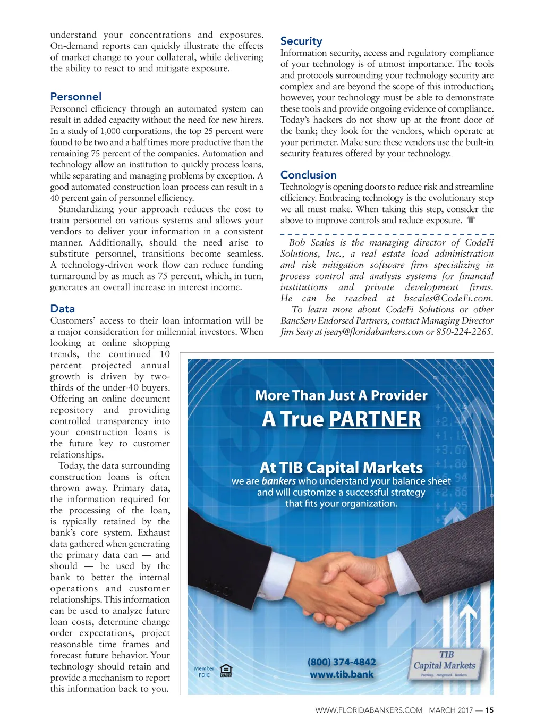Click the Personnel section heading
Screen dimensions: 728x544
click(75, 97)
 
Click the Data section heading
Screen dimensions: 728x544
click(62, 309)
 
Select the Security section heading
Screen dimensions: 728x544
click(301, 41)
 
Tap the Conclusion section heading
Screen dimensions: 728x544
click(308, 175)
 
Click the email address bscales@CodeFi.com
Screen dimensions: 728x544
click(448, 298)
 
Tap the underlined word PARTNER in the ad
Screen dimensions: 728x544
click(375, 419)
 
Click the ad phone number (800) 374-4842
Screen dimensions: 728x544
click(342, 662)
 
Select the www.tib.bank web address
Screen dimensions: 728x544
click(342, 674)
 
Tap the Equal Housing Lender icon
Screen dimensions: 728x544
click(226, 671)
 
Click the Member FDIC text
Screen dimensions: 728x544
click(204, 672)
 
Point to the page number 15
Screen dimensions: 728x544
click(489, 710)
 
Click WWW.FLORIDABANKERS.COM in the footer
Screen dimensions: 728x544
click(369, 710)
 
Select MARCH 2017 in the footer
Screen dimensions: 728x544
click(450, 710)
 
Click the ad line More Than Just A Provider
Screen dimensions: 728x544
click(341, 395)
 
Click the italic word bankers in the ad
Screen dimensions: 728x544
click(278, 481)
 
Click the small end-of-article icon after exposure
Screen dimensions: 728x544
click(471, 219)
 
